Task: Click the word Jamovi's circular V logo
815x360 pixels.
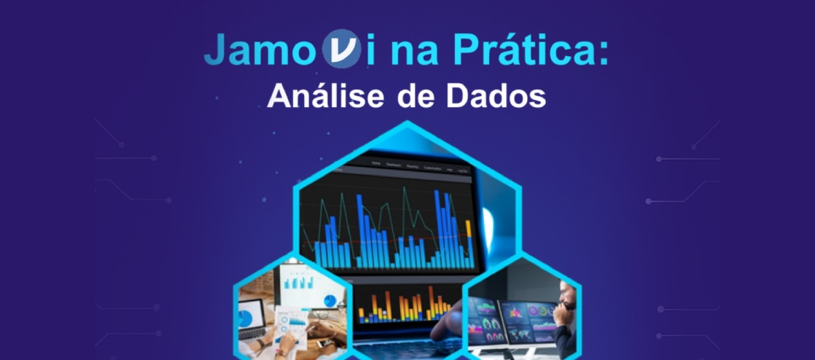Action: click(341, 48)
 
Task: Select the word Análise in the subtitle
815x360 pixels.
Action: click(328, 96)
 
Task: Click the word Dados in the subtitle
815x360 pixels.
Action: click(496, 96)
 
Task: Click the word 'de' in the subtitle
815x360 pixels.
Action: click(417, 96)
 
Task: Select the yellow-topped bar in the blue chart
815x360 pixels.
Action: click(469, 245)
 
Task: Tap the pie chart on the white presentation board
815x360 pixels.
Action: click(329, 301)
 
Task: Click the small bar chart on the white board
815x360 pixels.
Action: click(298, 282)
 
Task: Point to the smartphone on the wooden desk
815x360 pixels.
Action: click(326, 343)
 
